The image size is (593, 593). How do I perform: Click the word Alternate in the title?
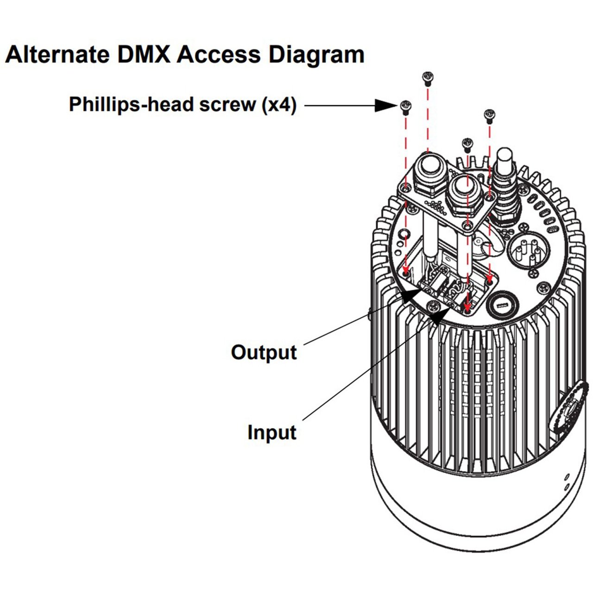pyautogui.click(x=57, y=55)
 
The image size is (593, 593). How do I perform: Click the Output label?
pyautogui.click(x=264, y=352)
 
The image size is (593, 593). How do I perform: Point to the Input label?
pyautogui.click(x=271, y=432)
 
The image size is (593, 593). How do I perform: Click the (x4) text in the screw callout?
pyautogui.click(x=279, y=105)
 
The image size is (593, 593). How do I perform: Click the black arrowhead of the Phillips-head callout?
pyautogui.click(x=385, y=106)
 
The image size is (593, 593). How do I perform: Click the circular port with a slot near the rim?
pyautogui.click(x=501, y=305)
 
